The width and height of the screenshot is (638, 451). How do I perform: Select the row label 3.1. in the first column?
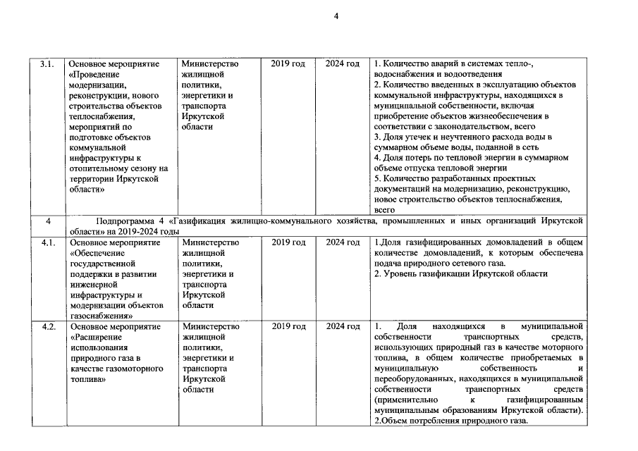[47, 64]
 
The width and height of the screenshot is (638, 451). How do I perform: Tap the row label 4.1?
[47, 242]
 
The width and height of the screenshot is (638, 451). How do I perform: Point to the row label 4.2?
[47, 327]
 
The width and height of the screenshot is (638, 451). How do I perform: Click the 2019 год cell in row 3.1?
[288, 64]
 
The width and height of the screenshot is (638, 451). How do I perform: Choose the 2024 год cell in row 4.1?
[343, 242]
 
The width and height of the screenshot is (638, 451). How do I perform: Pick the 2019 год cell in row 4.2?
[288, 327]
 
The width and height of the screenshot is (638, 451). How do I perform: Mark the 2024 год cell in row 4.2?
[343, 327]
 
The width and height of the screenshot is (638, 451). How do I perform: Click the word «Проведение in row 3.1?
[95, 75]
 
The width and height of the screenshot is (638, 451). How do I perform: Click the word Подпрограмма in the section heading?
[126, 221]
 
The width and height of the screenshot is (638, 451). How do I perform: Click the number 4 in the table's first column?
[47, 221]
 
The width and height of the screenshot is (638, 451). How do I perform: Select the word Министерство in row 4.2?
[210, 327]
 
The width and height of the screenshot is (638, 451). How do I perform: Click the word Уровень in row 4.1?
[400, 274]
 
